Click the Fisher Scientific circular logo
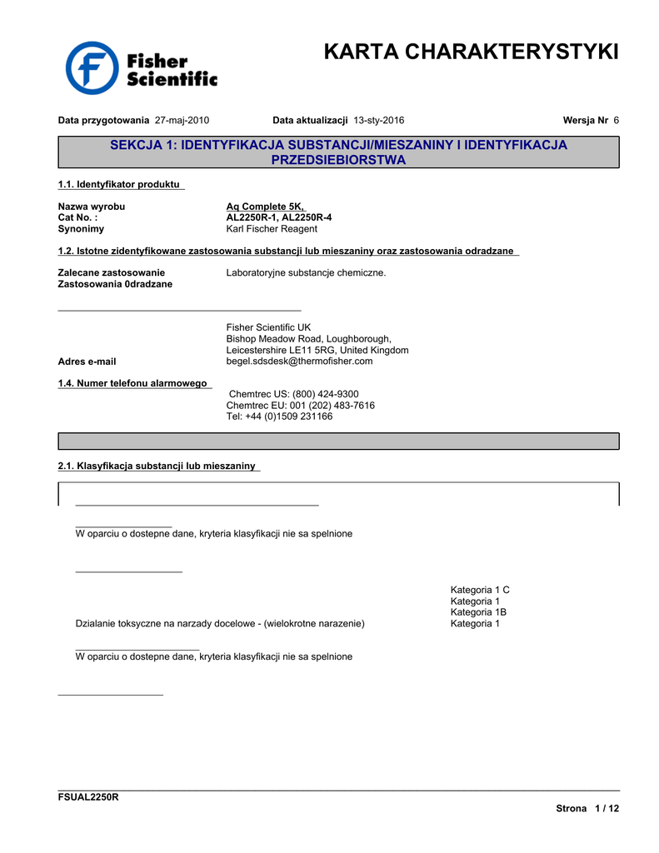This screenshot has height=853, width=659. coord(92,68)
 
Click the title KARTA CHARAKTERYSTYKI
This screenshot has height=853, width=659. coord(471,52)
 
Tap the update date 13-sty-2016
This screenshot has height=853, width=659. coord(379,120)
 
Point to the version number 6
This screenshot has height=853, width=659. coord(616,120)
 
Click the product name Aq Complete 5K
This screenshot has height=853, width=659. coord(265,207)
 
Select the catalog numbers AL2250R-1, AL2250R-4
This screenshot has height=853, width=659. coord(278,217)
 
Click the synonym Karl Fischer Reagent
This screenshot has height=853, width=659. coord(272,228)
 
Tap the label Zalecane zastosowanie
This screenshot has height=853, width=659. coord(111,272)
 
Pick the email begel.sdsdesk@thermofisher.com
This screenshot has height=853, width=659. coord(299,362)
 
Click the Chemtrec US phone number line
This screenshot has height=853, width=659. coord(293,394)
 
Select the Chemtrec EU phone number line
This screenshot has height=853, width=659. coord(300,405)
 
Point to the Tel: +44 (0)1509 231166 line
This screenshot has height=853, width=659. coord(279,416)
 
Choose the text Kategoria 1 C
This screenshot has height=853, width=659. coord(480,590)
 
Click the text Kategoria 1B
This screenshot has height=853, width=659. coord(478,611)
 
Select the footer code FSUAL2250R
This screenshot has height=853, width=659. coord(87,797)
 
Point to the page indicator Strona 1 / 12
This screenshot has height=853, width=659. coord(587,809)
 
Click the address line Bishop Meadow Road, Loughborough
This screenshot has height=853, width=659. coord(308,339)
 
